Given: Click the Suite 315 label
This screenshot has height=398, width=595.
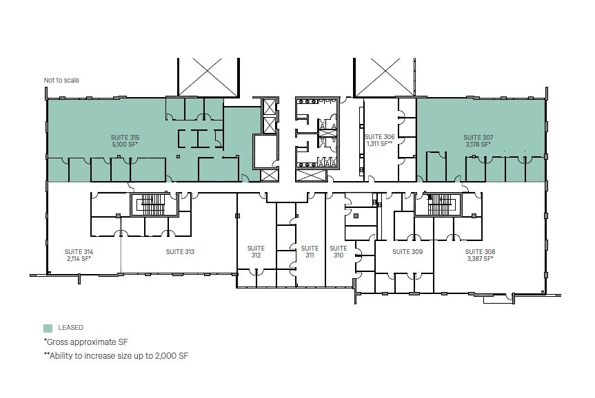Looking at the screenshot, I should point(125,138).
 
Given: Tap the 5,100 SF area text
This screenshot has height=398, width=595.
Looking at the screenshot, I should point(125,145).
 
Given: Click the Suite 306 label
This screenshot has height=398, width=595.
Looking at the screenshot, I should point(379,136).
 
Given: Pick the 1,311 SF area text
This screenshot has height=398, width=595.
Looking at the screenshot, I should point(379,144).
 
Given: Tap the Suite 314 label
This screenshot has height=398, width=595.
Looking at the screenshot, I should point(79,251).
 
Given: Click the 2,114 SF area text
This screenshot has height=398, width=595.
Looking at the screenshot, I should point(79,259).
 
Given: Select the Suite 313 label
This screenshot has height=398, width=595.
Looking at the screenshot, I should point(180,252).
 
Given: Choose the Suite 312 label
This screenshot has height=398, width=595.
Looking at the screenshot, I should point(256,251).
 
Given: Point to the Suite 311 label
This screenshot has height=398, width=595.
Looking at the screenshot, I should point(310,251).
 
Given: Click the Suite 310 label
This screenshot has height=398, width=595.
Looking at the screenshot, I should point(338,251).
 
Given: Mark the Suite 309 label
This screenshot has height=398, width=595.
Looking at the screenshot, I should point(407,252).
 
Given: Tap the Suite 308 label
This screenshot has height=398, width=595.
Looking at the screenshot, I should point(479,251).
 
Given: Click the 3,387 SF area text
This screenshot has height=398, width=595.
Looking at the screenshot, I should point(479,259).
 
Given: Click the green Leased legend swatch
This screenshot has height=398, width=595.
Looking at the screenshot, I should point(48,328).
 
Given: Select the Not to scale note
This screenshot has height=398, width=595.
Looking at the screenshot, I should point(61,81).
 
